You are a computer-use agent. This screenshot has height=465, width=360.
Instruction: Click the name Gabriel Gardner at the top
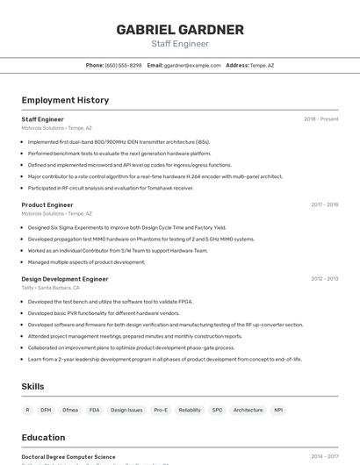tap(180, 29)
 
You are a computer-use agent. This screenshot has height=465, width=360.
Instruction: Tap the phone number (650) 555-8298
tap(123, 65)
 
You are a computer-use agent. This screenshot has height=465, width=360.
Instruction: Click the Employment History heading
tap(65, 100)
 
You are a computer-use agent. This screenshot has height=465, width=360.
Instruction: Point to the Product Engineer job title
tap(47, 204)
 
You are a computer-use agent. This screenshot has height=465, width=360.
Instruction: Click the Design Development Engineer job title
tap(65, 279)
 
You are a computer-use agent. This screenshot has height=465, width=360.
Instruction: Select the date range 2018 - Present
tap(320, 119)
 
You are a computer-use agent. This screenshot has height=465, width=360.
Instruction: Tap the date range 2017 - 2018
tap(324, 204)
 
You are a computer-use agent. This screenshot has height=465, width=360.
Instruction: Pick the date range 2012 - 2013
tap(324, 279)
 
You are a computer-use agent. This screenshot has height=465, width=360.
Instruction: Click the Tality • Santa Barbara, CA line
tap(51, 288)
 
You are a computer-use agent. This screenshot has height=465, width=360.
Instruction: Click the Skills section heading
tap(32, 386)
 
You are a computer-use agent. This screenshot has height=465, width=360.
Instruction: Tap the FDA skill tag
tap(94, 410)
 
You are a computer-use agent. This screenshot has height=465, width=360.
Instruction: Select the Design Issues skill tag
tap(126, 410)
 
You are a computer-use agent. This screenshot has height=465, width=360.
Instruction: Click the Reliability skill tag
tap(190, 410)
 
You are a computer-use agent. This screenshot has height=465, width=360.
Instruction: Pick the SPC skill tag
tap(217, 410)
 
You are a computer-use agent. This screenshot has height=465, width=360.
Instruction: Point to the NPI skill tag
tap(278, 410)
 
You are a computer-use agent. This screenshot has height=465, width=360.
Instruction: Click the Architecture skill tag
tap(248, 410)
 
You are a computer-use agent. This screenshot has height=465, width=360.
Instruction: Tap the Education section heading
tap(43, 437)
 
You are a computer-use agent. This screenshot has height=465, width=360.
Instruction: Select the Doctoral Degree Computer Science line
tap(68, 456)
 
